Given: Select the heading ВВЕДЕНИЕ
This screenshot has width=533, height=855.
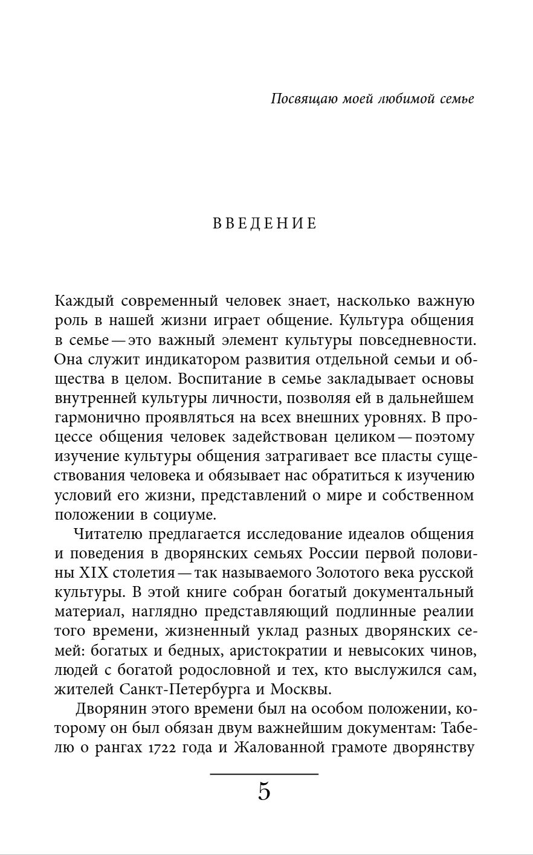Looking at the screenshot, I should (x=265, y=224).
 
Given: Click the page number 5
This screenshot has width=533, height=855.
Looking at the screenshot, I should (x=264, y=792).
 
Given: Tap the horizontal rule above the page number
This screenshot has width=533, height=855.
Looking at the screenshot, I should (x=264, y=773).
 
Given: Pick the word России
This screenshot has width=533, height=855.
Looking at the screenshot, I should (x=339, y=554).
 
